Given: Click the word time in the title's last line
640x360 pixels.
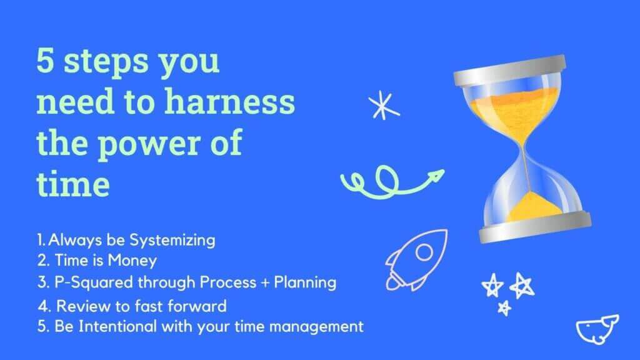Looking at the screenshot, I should [72, 185].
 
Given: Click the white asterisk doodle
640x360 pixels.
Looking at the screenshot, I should [383, 105].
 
